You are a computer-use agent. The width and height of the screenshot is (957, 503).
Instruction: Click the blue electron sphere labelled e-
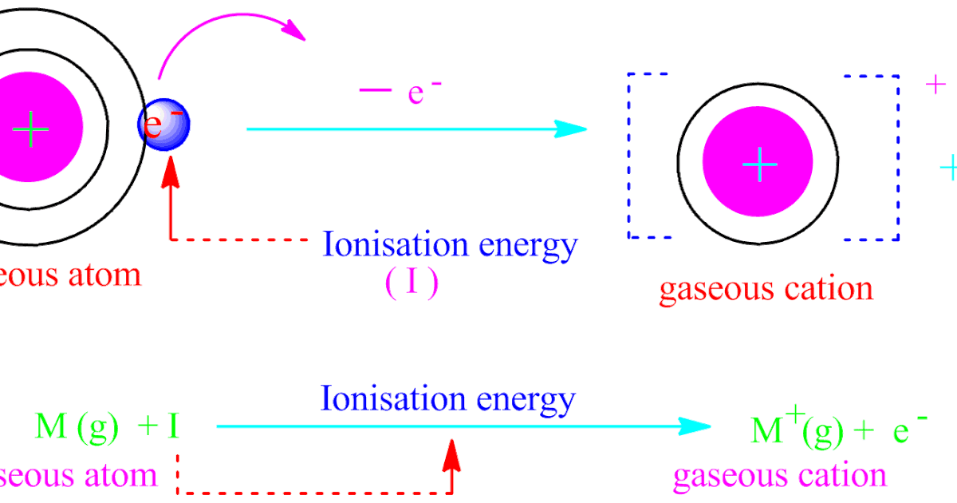click(x=164, y=125)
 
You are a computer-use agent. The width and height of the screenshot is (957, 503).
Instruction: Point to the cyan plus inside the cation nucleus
click(x=758, y=165)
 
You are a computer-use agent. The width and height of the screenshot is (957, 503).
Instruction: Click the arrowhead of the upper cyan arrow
click(x=571, y=129)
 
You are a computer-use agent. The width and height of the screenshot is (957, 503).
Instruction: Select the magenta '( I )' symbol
click(x=412, y=284)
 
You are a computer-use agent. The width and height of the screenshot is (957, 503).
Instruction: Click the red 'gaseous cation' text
click(x=765, y=288)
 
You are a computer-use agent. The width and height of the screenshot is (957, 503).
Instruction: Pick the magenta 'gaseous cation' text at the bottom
click(x=779, y=475)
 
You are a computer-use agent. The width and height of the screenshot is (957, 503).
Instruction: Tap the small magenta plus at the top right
click(x=935, y=85)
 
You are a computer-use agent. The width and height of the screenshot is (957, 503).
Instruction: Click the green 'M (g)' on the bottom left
click(x=77, y=428)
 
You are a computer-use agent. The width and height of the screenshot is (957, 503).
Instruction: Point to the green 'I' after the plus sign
click(x=172, y=428)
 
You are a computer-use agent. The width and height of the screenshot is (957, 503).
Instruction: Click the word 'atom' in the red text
click(x=103, y=275)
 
